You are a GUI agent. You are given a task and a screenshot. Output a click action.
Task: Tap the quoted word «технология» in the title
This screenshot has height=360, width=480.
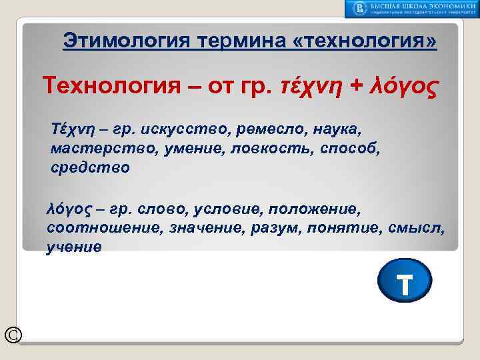coord(365,41)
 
